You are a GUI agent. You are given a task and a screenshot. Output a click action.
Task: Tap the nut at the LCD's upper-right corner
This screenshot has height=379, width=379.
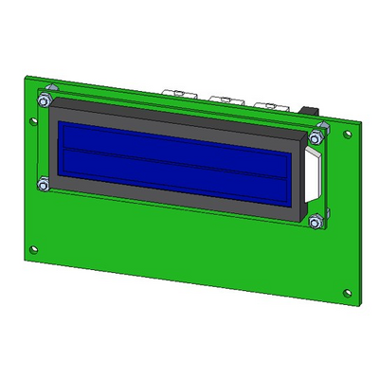320,128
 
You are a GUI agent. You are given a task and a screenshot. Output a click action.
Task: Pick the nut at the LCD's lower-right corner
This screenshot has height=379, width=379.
314,222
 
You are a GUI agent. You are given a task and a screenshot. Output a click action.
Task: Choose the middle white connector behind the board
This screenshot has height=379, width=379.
223,98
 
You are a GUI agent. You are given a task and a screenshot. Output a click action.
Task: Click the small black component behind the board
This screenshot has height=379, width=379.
309,112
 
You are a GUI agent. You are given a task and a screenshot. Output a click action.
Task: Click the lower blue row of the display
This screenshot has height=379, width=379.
171,171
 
